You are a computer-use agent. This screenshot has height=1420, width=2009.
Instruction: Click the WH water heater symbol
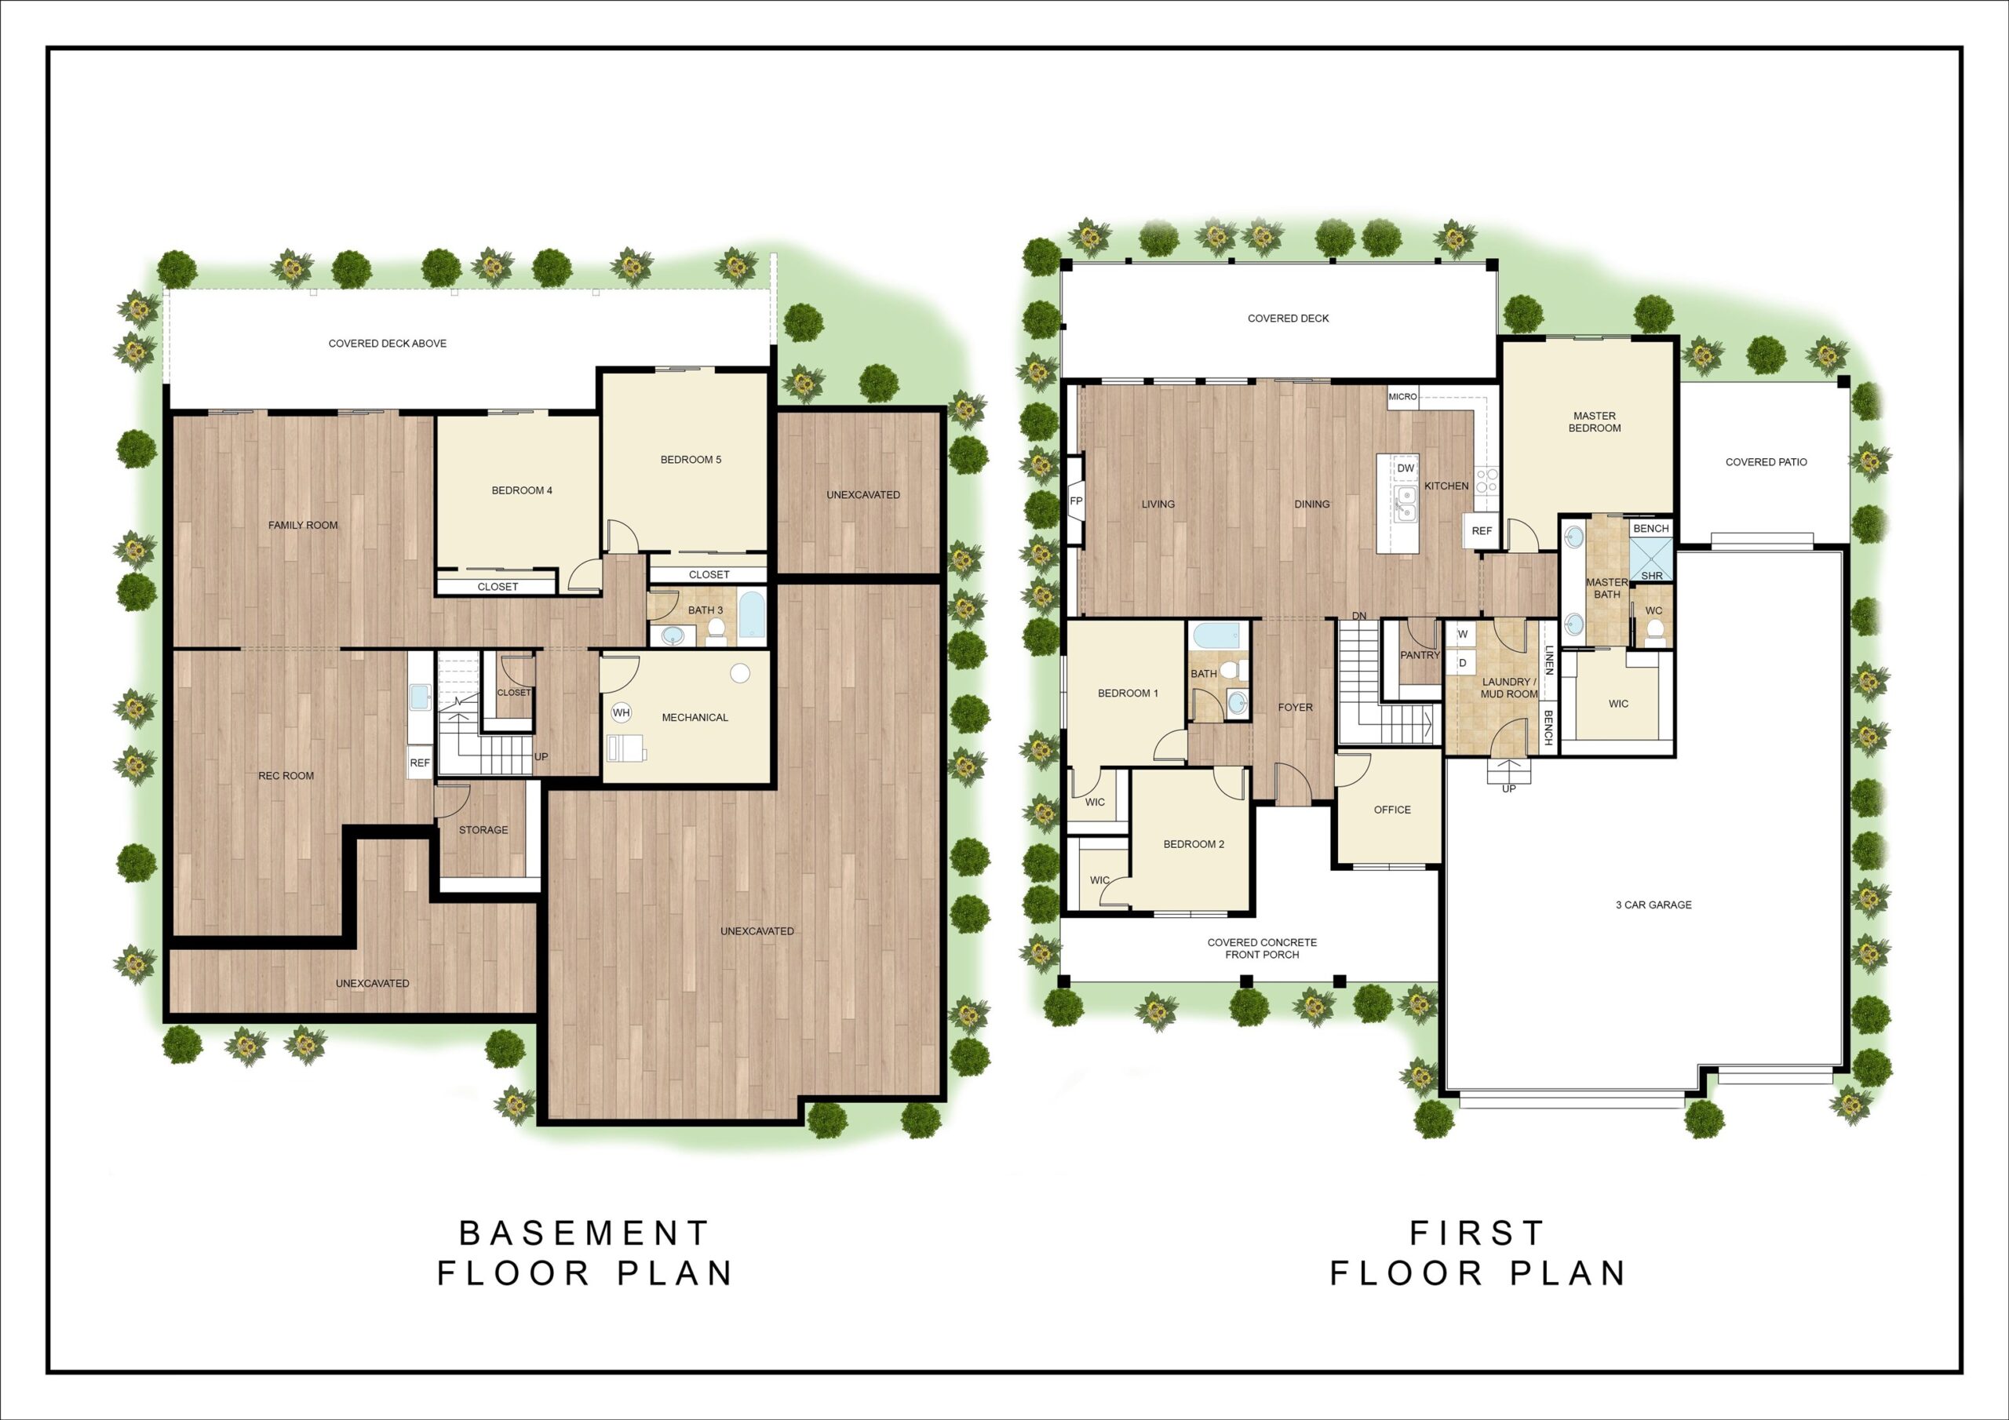click(622, 712)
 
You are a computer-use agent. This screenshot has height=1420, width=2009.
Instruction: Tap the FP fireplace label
click(1076, 501)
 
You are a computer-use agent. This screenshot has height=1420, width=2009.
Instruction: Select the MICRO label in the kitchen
click(1402, 396)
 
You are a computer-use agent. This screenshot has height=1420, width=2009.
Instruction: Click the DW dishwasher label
click(1406, 468)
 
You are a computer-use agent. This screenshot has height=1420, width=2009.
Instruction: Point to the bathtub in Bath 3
click(752, 615)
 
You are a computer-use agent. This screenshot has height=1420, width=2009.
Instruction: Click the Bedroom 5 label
click(691, 459)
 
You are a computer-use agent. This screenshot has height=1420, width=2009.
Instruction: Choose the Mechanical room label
click(695, 717)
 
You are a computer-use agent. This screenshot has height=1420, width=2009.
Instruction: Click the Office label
click(1392, 810)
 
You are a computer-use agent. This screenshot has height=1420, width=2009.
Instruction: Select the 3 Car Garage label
click(1653, 905)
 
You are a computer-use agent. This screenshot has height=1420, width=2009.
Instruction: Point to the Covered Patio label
click(1766, 462)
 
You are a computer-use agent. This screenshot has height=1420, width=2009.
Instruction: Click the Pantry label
click(1420, 654)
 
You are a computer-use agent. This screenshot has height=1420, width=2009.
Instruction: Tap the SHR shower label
click(1652, 576)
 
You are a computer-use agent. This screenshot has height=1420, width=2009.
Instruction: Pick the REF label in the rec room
click(420, 763)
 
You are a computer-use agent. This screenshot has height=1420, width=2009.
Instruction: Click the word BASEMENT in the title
click(585, 1233)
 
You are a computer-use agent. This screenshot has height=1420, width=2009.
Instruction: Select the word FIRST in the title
click(1477, 1233)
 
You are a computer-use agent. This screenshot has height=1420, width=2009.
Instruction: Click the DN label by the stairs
click(1359, 616)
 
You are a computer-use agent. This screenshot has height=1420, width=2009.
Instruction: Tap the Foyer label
click(1295, 707)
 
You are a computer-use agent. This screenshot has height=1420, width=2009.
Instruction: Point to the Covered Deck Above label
click(388, 343)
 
